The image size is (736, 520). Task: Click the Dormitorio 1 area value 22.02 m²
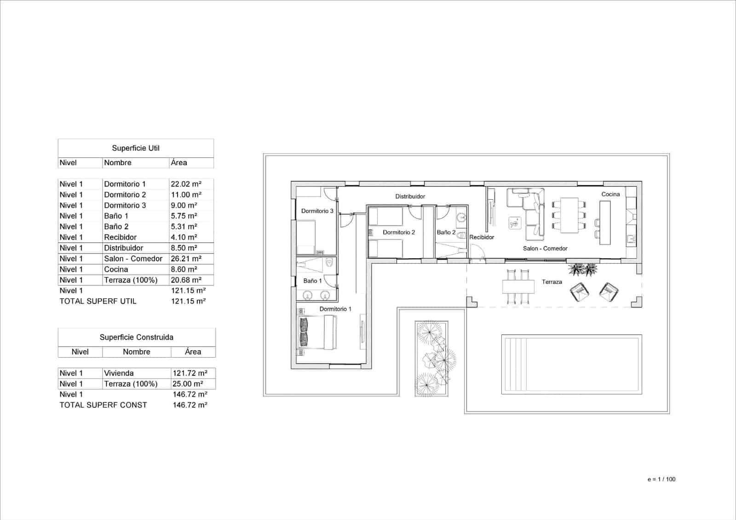186,184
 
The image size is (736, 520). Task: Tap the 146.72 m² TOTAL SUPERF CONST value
190,405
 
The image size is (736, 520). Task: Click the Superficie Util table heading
136,148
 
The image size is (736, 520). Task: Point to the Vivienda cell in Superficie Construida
119,373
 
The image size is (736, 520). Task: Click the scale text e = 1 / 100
661,479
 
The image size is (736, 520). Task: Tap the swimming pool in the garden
571,364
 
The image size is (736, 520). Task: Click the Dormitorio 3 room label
317,211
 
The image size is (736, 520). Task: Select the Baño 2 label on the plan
446,232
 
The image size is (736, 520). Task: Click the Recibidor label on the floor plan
482,237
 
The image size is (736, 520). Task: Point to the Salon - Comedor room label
545,248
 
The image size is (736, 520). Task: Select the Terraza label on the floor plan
552,282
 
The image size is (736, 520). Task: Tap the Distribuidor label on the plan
410,196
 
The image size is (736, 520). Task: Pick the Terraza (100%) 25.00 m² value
187,384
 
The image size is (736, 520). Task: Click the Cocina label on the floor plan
610,194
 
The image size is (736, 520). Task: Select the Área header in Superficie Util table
179,163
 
